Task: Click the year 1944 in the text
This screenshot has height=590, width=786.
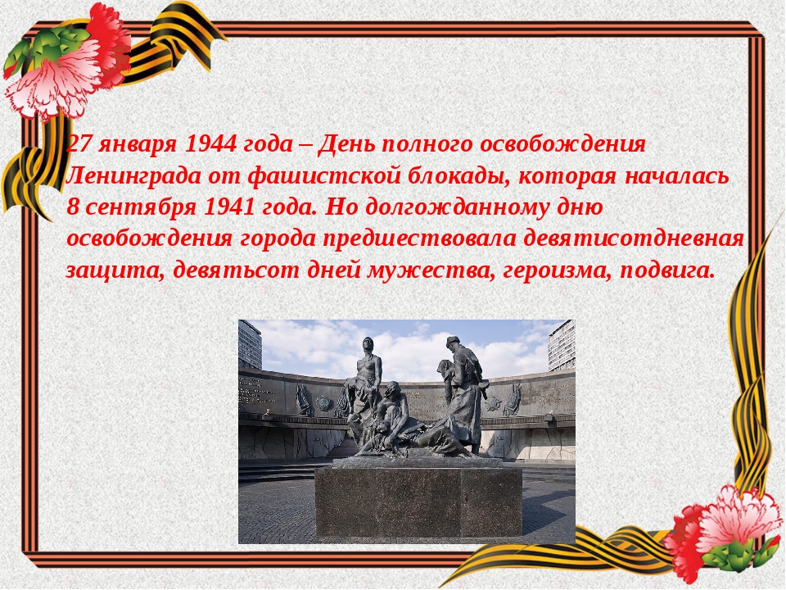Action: (210, 144)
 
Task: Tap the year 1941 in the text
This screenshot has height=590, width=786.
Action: (229, 207)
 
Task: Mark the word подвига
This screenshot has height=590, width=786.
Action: (667, 271)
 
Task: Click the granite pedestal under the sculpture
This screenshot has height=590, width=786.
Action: (418, 500)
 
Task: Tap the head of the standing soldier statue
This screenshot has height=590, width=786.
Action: (453, 343)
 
